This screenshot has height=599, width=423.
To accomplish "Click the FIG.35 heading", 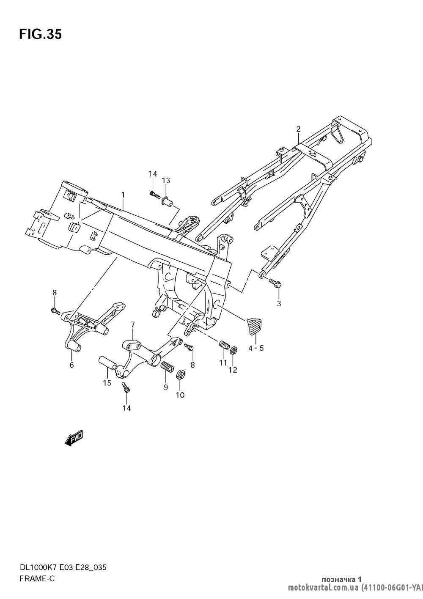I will (40, 34).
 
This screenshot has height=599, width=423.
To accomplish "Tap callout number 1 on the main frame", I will (123, 195).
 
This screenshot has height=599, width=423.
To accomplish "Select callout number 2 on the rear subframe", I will (298, 129).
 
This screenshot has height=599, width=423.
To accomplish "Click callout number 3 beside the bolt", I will (279, 303).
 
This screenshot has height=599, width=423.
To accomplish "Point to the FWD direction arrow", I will (74, 439).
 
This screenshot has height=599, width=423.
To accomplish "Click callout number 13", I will (166, 181).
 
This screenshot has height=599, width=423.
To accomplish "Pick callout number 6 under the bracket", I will (71, 365).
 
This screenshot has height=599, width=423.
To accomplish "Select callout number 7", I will (132, 325).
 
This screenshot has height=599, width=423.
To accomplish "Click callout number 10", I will (180, 395).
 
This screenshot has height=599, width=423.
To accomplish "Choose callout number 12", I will (233, 370).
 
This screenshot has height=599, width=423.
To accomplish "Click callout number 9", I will (165, 387).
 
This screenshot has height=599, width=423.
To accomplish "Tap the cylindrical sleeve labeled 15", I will (107, 363).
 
